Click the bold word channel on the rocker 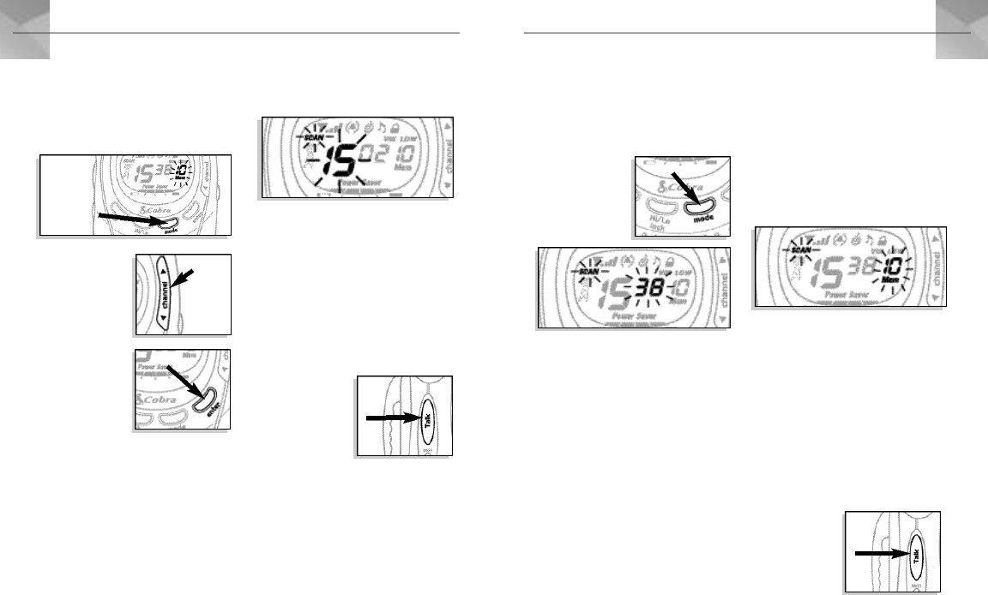click(x=163, y=293)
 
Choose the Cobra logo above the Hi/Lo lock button click(x=677, y=185)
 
